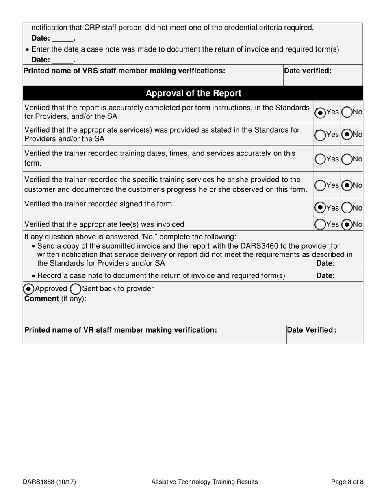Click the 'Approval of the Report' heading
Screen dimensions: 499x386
(193, 93)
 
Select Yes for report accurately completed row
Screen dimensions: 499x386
(320, 113)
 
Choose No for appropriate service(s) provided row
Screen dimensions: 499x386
(347, 134)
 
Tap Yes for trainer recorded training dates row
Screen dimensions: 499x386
(320, 160)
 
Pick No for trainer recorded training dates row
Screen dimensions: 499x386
(347, 160)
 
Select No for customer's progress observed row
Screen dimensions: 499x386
(347, 185)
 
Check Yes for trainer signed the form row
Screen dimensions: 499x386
(320, 208)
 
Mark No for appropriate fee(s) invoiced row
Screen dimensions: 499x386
(347, 224)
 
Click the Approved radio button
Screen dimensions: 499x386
(29, 289)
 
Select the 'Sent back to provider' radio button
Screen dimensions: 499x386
(76, 289)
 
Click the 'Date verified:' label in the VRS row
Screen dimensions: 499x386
(308, 71)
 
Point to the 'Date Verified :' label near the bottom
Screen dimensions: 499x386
(311, 330)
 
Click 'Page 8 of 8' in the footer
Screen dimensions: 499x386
(347, 482)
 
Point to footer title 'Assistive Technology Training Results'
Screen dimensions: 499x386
(204, 482)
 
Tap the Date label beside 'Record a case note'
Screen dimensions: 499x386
(325, 276)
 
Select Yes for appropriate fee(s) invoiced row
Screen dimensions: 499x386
(320, 224)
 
